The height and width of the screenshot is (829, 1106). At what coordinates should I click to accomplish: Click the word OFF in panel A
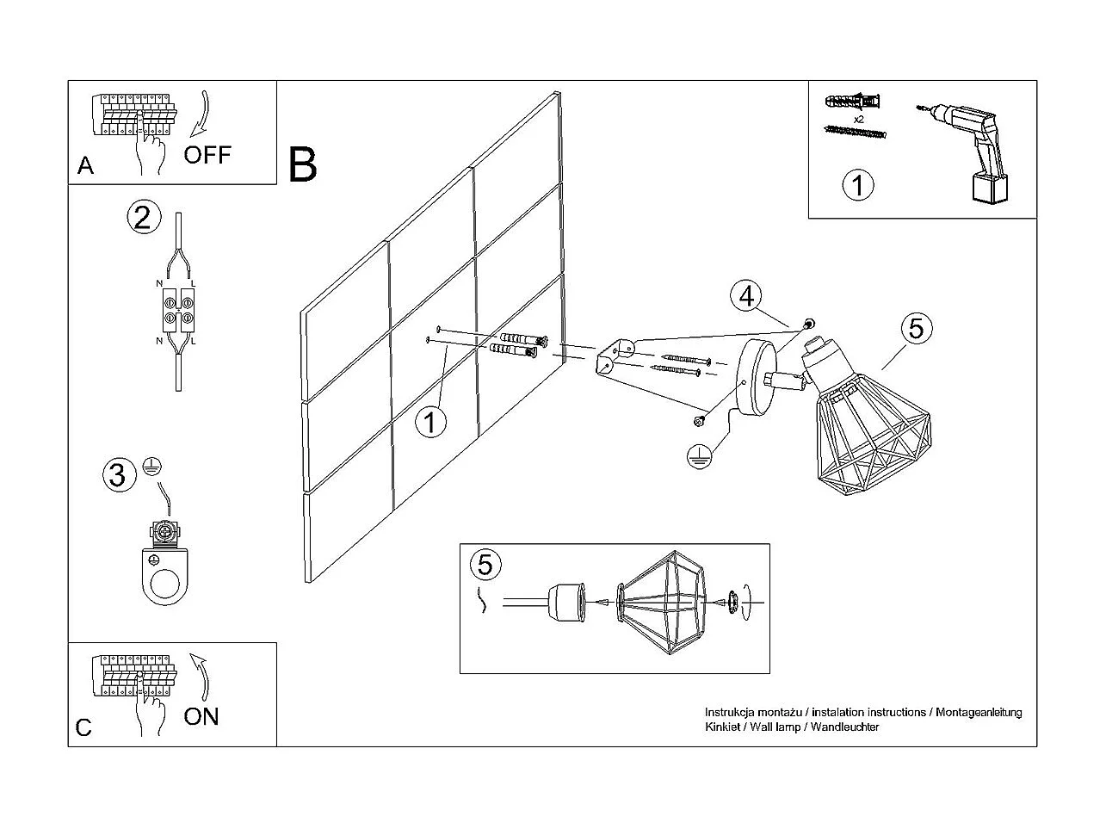tap(207, 155)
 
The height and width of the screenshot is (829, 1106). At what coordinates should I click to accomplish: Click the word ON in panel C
tap(201, 716)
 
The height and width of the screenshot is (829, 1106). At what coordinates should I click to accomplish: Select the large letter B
tap(303, 165)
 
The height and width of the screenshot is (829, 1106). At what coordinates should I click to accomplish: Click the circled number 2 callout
tap(143, 216)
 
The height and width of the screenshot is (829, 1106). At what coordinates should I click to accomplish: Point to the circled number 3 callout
tap(119, 474)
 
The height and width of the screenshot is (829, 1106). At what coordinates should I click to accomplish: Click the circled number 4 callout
tap(746, 295)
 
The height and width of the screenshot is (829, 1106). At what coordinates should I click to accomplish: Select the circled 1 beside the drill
tap(857, 186)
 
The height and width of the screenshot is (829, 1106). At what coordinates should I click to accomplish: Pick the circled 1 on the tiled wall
tap(431, 423)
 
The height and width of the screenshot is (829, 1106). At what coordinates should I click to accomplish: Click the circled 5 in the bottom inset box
tap(485, 566)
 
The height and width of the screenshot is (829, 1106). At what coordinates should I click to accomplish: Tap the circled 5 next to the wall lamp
tap(917, 328)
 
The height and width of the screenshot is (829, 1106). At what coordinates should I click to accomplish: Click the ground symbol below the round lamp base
tap(701, 455)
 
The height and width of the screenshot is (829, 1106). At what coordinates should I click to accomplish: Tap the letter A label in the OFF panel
tap(85, 165)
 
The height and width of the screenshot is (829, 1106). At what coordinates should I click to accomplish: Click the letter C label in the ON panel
tap(83, 727)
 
